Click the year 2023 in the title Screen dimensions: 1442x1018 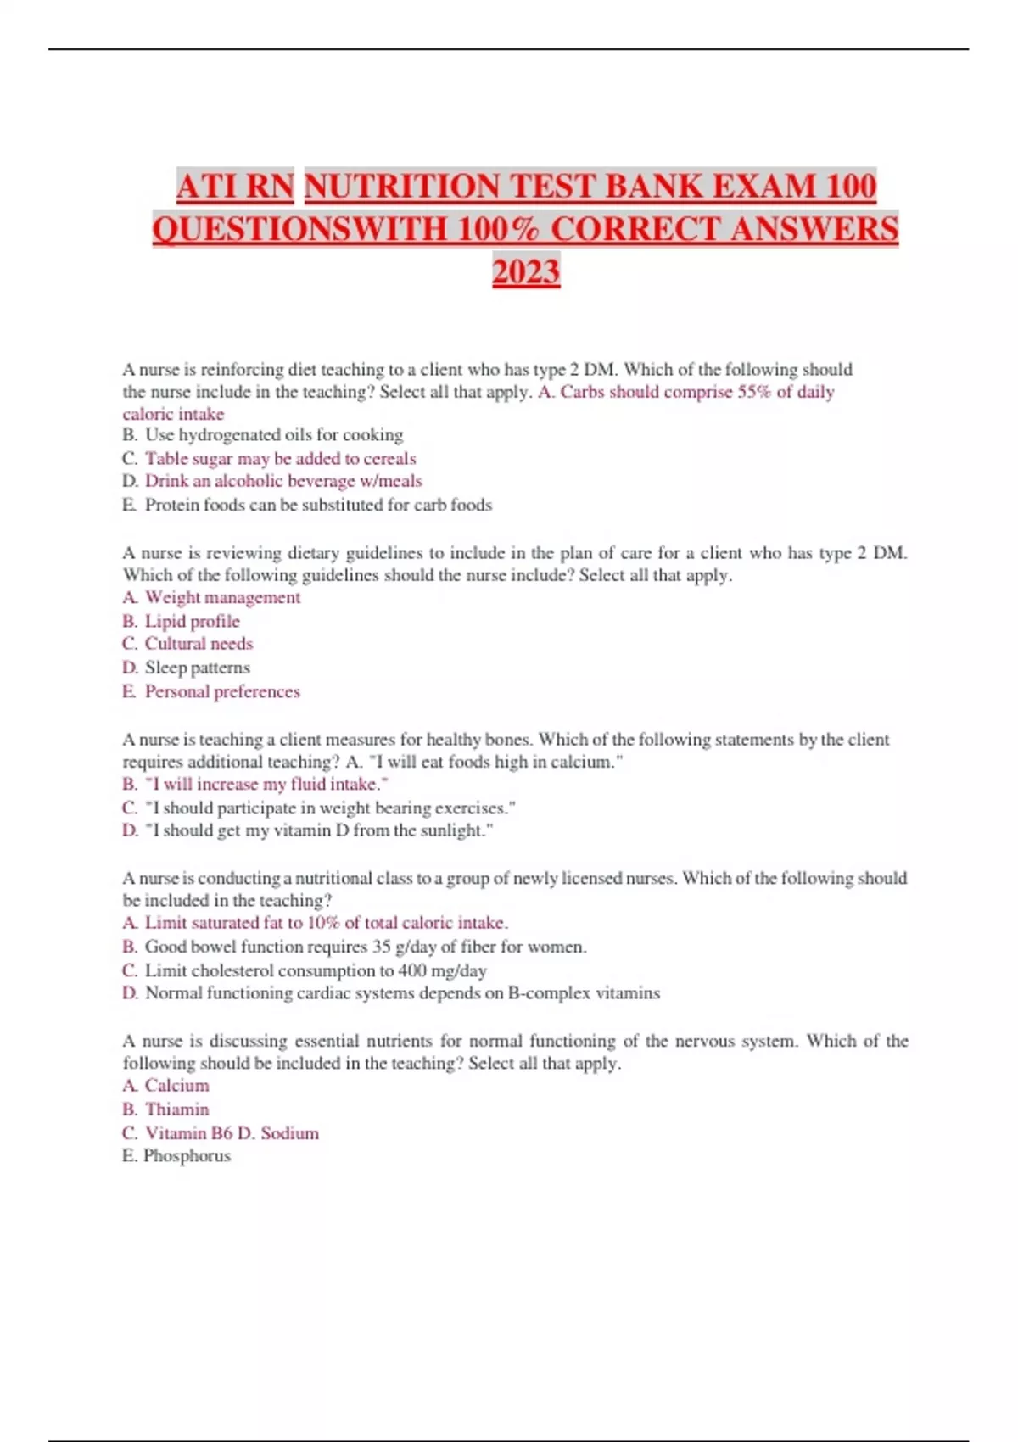click(526, 272)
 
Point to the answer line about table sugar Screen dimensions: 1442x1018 click(280, 459)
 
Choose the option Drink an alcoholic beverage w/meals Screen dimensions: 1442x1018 click(282, 481)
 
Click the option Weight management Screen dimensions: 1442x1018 click(222, 598)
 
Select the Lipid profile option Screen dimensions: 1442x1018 click(192, 621)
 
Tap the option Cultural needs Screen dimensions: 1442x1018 click(199, 644)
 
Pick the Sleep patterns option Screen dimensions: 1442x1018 click(197, 668)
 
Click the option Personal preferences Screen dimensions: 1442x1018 click(222, 691)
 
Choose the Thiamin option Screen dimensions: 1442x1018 click(176, 1109)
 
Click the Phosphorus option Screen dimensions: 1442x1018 click(187, 1156)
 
